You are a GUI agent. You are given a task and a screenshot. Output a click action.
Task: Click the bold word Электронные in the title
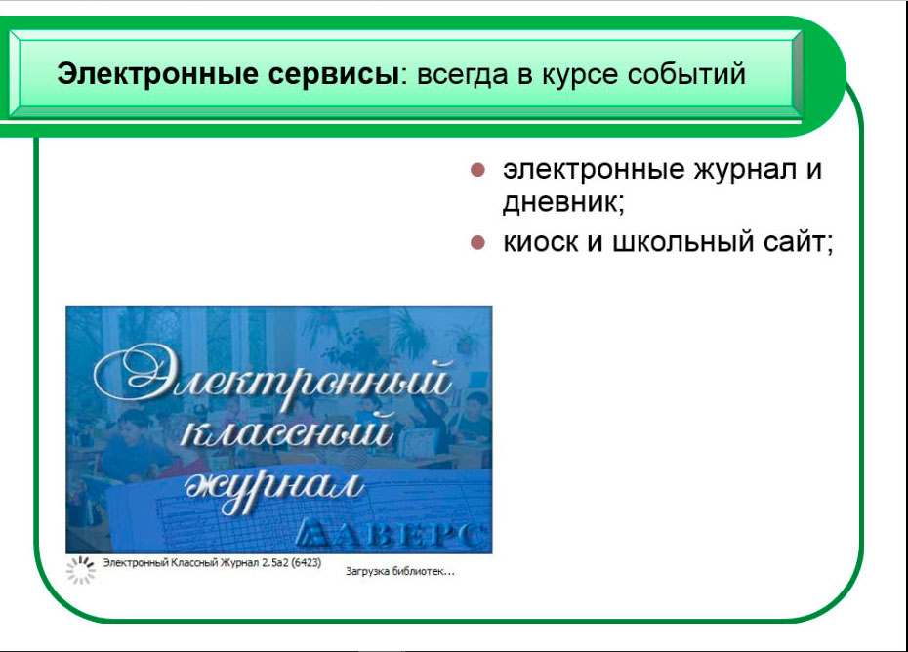[x=156, y=75]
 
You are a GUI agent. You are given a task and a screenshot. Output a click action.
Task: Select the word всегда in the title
[x=462, y=75]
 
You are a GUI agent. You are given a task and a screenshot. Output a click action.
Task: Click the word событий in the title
[x=686, y=75]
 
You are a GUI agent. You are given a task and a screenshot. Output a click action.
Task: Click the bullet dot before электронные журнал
[x=477, y=170]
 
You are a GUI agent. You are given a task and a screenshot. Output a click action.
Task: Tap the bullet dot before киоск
[x=477, y=242]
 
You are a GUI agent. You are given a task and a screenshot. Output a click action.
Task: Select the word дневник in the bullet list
[x=560, y=202]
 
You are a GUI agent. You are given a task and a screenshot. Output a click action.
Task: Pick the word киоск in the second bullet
[x=540, y=241]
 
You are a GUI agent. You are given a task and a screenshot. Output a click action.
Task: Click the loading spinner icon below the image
[x=80, y=570]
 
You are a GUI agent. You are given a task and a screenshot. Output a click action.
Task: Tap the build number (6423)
[x=306, y=563]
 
